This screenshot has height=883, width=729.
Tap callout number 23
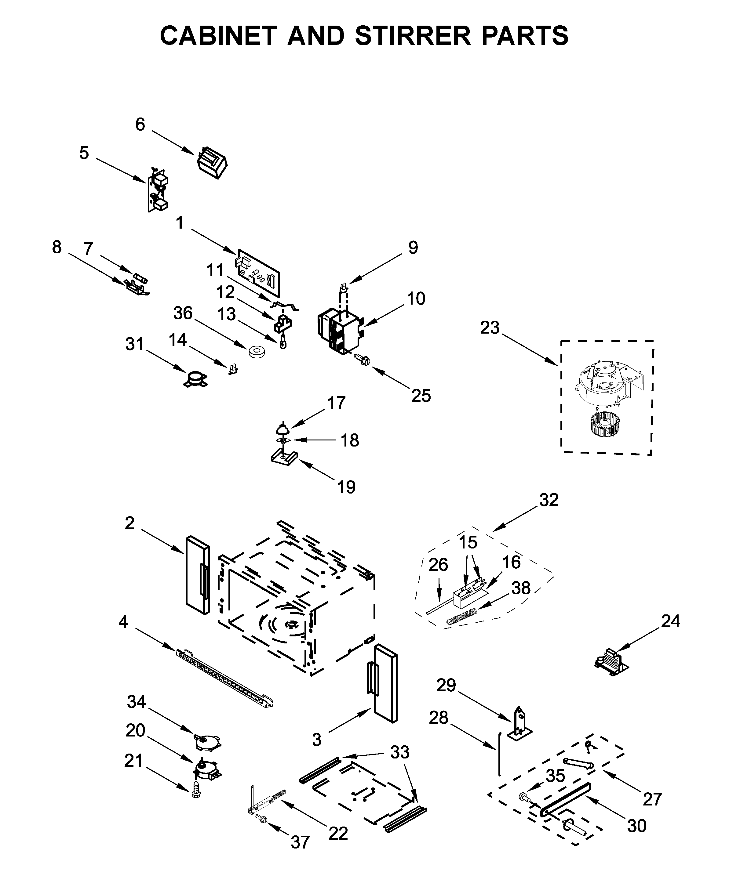coord(490,328)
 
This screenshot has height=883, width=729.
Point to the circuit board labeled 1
coord(258,273)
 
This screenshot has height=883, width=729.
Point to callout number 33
coord(399,752)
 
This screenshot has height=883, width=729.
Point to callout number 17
coord(336,403)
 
